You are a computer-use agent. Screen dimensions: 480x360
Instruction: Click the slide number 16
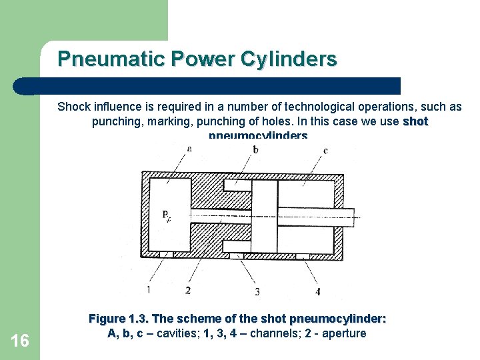coord(20,341)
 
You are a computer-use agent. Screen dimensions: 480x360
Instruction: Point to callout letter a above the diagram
coord(189,149)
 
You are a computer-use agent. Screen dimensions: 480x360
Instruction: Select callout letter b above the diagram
coord(255,149)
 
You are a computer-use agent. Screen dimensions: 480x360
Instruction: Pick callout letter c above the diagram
coord(325,151)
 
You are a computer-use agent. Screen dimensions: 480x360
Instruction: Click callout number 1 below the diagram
coord(148,289)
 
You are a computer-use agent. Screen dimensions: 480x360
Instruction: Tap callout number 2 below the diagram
coord(188,290)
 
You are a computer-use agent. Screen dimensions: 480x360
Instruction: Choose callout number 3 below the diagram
coord(257,291)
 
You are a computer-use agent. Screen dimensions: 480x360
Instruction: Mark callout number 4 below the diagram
coord(317,291)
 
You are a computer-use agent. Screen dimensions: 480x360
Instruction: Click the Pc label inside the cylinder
coord(167,215)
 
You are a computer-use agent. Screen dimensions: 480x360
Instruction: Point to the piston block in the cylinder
coord(264,217)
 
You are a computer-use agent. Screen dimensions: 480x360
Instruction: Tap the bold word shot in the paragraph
coord(415,121)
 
